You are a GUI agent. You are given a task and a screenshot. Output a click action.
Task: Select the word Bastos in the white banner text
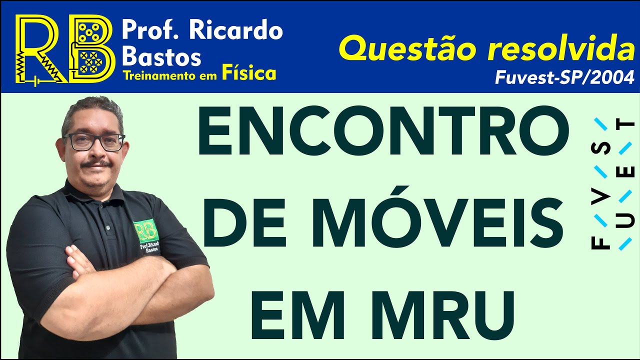[x=161, y=56]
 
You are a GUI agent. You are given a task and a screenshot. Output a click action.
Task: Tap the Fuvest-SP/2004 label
[x=564, y=77]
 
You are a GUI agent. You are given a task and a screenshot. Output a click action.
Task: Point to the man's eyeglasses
[x=94, y=141]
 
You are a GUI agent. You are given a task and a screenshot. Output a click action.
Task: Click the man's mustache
[x=96, y=164]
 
